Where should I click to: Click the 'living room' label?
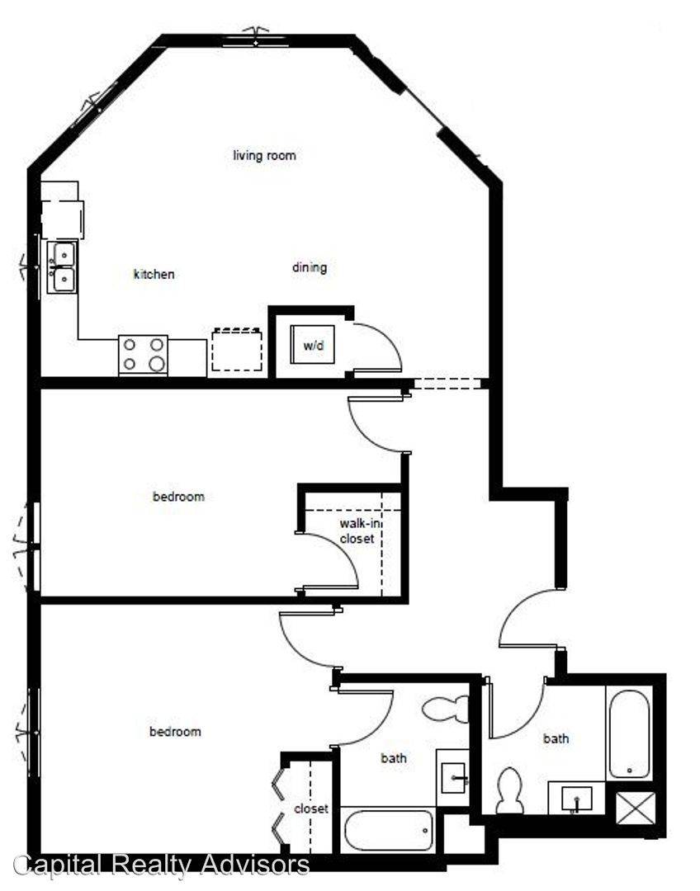point(264,155)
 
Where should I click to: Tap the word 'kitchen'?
point(154,274)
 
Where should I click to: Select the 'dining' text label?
point(310,267)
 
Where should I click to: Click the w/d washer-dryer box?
point(312,346)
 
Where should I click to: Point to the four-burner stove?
point(143,355)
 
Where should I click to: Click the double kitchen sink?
point(64,267)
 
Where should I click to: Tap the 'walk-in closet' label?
point(357,531)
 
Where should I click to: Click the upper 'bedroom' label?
point(178,497)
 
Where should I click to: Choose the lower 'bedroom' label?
point(175,732)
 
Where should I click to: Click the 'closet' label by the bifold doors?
point(311,808)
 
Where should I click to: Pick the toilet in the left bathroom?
point(446,709)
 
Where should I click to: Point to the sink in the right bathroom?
point(576,798)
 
